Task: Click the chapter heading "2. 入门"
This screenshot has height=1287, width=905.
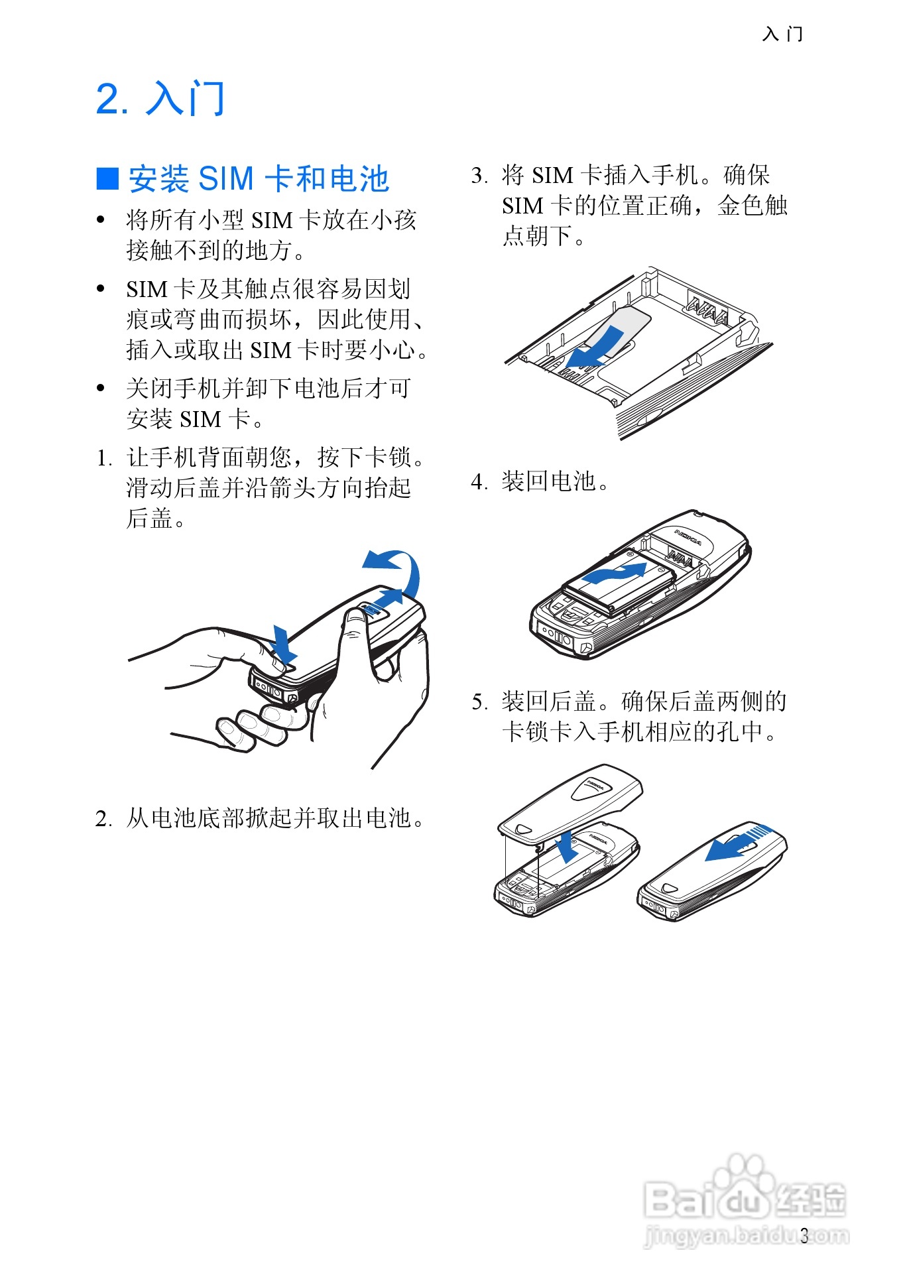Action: coord(160,99)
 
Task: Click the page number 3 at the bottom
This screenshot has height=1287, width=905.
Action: coord(804,1236)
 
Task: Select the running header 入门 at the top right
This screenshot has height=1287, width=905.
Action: coord(783,34)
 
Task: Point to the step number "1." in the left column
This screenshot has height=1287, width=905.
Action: coord(104,458)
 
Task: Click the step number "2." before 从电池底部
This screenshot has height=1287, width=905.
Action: coord(104,819)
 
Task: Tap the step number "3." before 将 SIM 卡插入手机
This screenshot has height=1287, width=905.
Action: coord(479,176)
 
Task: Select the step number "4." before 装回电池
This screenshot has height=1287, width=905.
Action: coord(479,481)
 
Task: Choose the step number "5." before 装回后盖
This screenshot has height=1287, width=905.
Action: coord(479,702)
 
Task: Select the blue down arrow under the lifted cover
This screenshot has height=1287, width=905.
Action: coord(566,847)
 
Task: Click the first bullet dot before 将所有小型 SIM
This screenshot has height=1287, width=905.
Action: coord(101,220)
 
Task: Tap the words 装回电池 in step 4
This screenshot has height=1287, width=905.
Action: coord(549,481)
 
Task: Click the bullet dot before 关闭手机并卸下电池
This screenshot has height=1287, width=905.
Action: coord(101,389)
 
